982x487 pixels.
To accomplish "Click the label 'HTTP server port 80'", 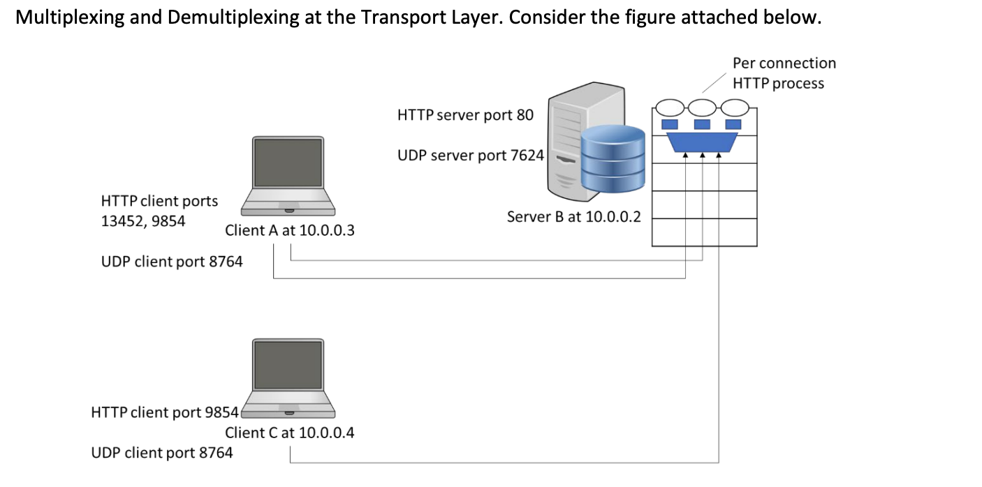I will point(465,115).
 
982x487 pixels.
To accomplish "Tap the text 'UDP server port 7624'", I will point(470,155).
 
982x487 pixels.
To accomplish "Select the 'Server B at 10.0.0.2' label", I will point(573,216).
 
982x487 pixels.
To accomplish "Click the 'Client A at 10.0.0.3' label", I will point(289,230).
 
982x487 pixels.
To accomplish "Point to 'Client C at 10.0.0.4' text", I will point(289,433).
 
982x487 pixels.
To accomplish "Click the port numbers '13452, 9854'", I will point(143,222).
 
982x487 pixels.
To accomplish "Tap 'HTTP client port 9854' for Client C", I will point(166,412).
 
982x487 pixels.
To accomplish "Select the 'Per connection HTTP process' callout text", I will point(784,73).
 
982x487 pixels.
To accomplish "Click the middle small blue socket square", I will point(701,124).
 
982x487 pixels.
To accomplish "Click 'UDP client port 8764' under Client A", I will point(172,262).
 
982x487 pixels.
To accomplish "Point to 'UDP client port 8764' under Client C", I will point(162,453).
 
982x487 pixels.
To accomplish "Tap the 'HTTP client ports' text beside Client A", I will point(159,201).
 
